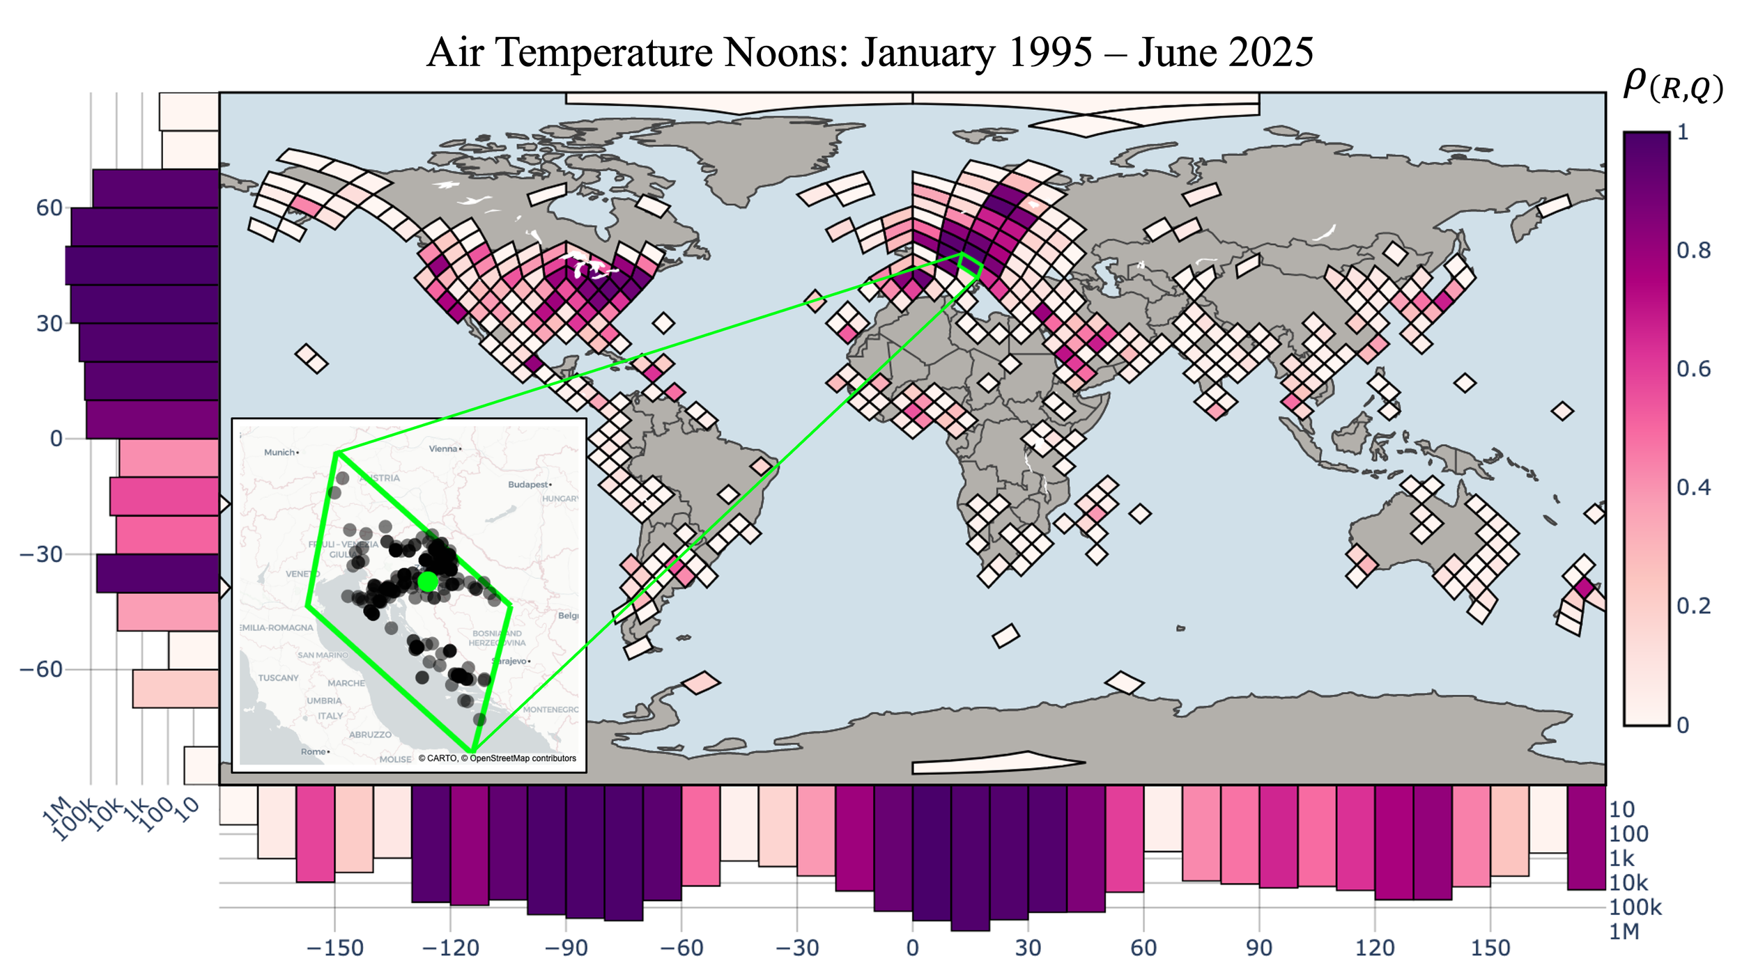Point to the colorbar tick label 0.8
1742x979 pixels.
[1693, 250]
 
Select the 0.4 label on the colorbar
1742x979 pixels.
[1693, 487]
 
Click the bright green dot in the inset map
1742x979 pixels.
[428, 581]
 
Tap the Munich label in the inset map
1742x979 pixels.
[280, 453]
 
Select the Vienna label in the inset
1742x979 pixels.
[444, 449]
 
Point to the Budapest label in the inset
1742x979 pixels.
[528, 485]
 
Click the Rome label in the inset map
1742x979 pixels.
[314, 752]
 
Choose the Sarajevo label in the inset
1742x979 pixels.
[512, 661]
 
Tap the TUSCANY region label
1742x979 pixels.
[278, 678]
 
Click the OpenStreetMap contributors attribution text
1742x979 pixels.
[523, 758]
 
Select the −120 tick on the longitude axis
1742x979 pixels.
[450, 948]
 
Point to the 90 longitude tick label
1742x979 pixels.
[1258, 948]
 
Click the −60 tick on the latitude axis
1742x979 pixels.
[40, 670]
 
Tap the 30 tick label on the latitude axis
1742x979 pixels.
[49, 324]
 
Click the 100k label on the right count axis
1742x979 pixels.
[1635, 907]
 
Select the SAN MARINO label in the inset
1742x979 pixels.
[323, 655]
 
